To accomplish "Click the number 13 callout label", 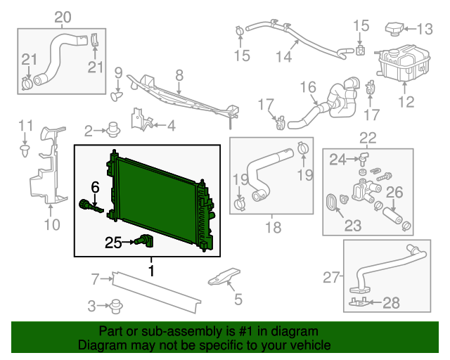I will tap(426, 29).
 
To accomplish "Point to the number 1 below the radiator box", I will tap(150, 269).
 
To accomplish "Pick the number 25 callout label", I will tap(113, 243).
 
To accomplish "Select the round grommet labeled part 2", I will tap(112, 129).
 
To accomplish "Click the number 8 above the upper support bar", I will tap(179, 74).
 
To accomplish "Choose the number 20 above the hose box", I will tap(63, 16).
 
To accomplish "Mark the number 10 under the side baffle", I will tap(52, 225).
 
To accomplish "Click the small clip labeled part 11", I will tap(25, 149).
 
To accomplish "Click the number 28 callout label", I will tap(391, 303).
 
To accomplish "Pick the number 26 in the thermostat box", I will tap(394, 192).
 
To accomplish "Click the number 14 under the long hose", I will tap(283, 57).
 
